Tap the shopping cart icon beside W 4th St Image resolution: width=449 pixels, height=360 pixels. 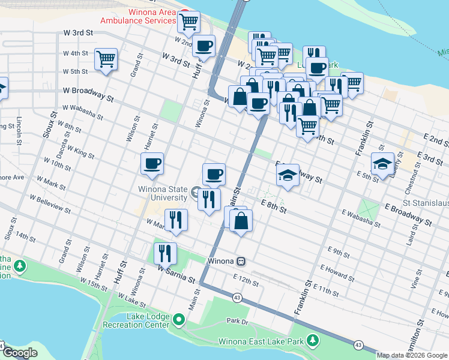point(106,59)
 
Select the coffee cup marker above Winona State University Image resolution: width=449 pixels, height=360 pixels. point(214,175)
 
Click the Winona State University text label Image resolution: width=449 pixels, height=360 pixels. point(161,194)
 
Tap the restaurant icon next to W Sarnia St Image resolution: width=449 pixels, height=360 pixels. point(164,253)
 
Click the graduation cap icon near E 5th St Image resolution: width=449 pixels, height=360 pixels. point(382,164)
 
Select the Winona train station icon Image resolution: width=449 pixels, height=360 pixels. point(240,262)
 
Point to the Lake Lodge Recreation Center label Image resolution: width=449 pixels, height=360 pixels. point(136,320)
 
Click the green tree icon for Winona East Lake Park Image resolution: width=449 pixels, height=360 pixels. point(312,341)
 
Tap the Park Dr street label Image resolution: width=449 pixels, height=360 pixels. point(237,321)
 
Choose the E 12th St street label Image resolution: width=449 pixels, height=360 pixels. point(246,278)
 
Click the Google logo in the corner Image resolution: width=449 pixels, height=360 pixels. point(20,353)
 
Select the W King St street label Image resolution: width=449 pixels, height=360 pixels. point(80,152)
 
